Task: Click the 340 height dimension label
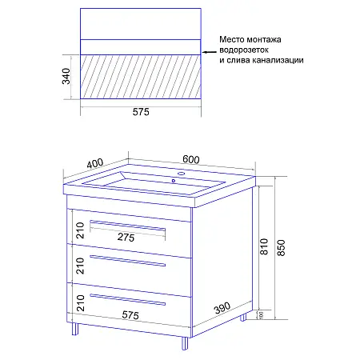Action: [x=70, y=78]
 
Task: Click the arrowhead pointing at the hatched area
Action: [x=202, y=55]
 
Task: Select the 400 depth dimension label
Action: [x=95, y=164]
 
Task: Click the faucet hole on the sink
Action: [x=181, y=174]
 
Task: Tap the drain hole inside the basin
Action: [x=172, y=181]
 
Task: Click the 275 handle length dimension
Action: [x=126, y=238]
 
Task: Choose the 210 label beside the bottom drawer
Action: [x=79, y=302]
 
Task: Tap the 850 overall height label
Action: [x=281, y=249]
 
